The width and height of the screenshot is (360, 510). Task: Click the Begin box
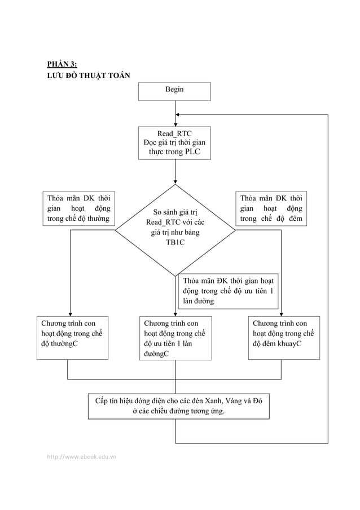tap(174, 91)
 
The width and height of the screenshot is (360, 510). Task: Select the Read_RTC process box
tap(174, 143)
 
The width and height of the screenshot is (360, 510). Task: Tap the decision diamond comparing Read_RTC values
tap(175, 229)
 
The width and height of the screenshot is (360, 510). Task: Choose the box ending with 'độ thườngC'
tap(72, 338)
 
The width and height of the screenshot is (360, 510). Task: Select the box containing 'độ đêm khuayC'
tap(283, 338)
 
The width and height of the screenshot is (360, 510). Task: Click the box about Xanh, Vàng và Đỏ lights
tap(175, 406)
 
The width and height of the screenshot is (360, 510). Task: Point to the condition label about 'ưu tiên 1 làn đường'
tap(228, 291)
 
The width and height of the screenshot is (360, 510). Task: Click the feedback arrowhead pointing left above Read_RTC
tap(179, 115)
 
